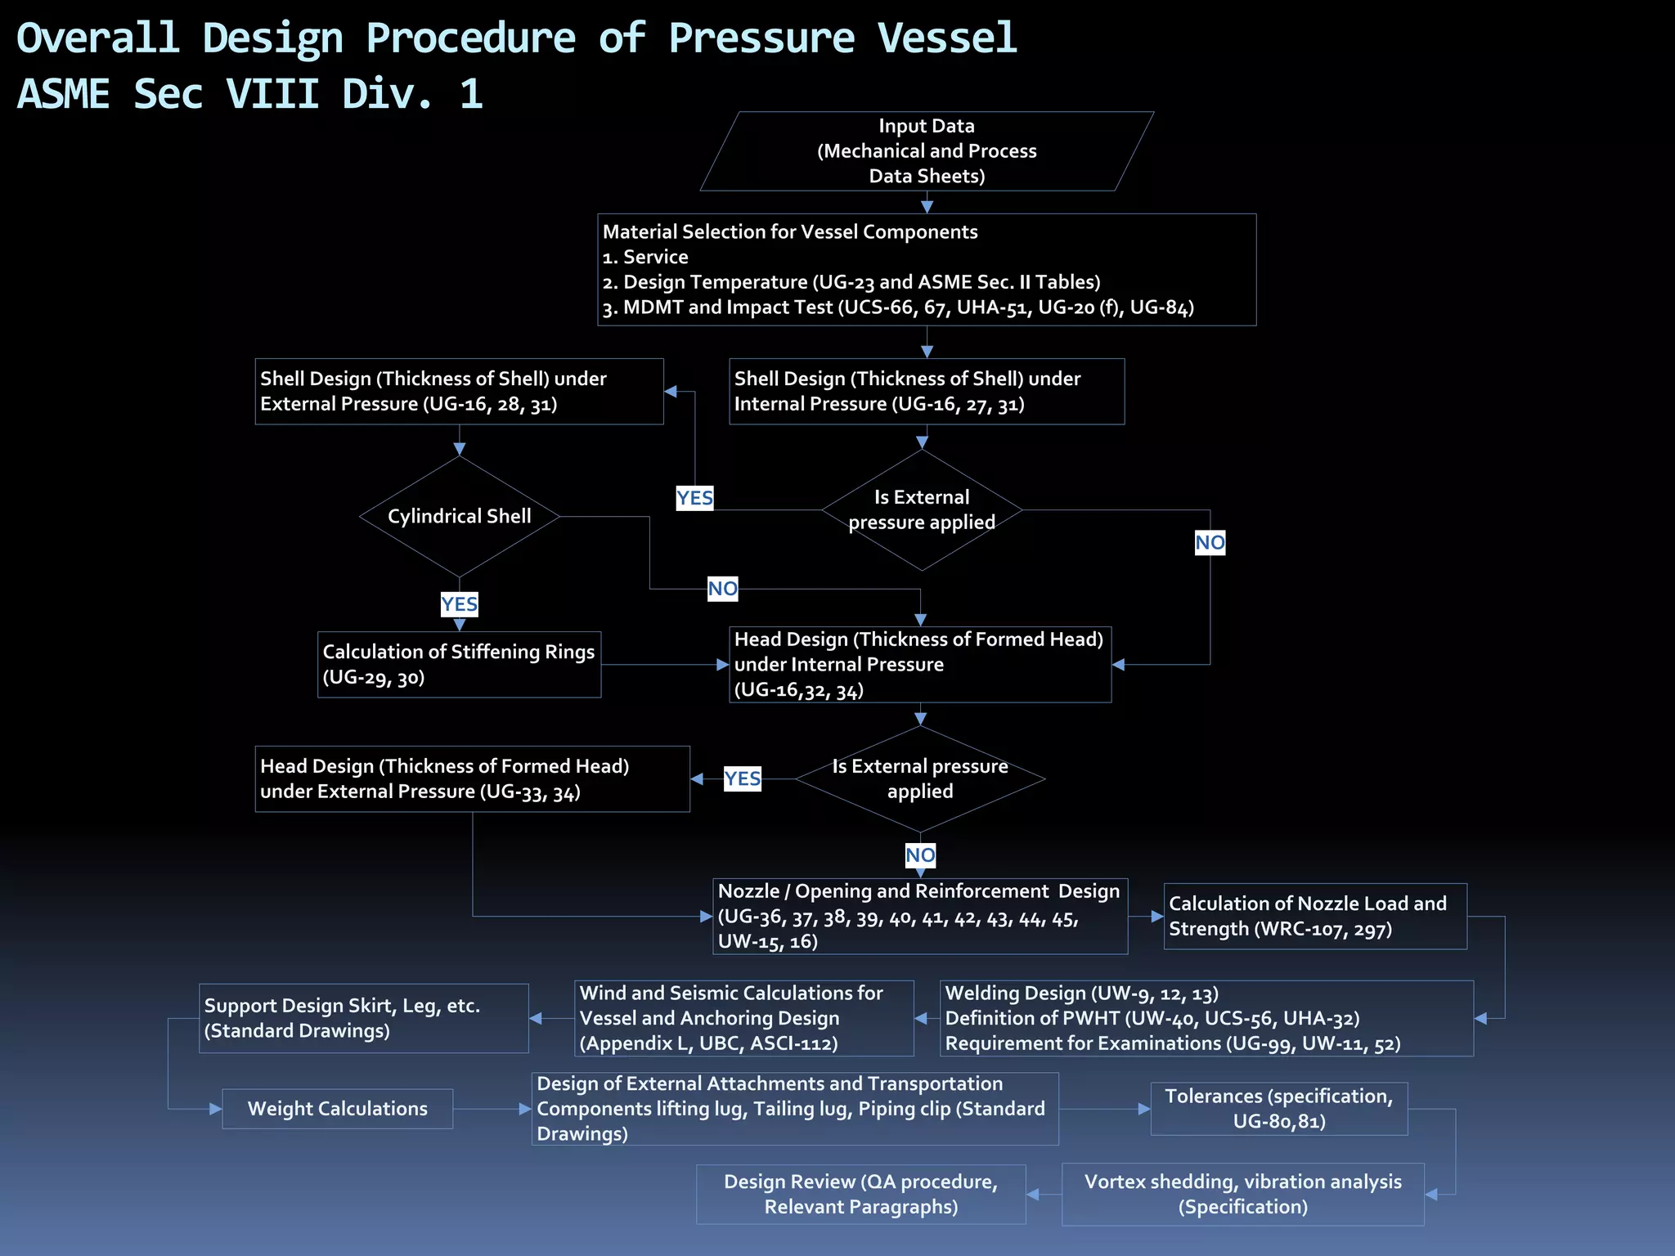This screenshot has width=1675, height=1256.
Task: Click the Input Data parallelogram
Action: point(927,151)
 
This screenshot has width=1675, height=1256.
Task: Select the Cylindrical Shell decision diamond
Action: point(460,516)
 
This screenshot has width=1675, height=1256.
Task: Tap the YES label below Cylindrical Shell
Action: point(459,604)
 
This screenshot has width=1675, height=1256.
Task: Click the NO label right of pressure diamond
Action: point(1210,542)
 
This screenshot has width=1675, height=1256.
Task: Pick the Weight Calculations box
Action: point(337,1109)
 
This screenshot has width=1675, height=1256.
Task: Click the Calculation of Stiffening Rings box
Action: point(459,664)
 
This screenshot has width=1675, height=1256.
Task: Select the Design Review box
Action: point(860,1194)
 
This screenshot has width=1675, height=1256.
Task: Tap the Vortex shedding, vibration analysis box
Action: point(1242,1194)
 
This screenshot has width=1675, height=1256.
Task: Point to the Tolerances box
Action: point(1278,1109)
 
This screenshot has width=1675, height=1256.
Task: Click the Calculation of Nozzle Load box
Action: point(1314,916)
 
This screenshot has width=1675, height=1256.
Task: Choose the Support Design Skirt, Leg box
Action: point(363,1018)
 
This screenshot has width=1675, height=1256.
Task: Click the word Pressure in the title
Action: point(761,38)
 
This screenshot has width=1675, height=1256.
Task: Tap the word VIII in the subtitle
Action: point(272,94)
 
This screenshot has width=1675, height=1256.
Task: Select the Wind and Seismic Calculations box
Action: point(743,1018)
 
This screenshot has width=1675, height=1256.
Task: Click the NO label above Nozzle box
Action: point(920,855)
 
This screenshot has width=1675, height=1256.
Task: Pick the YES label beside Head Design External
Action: point(742,778)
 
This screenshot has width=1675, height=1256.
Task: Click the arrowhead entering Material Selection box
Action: point(927,207)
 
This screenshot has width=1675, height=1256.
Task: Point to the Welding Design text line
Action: point(1081,994)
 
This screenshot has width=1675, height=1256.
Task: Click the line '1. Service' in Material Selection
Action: point(645,257)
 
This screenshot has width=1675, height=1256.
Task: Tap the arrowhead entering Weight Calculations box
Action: point(216,1109)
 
